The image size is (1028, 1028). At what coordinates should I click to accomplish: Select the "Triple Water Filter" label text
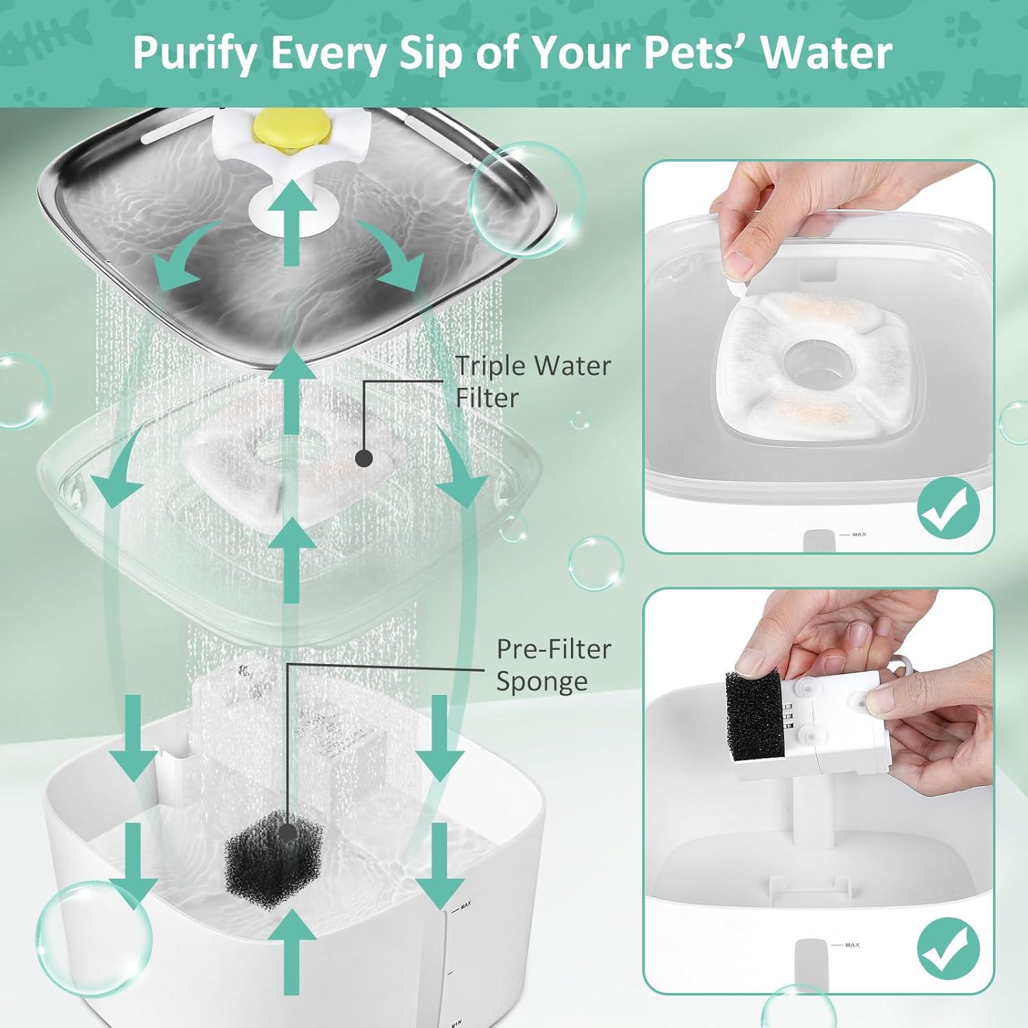(x=533, y=382)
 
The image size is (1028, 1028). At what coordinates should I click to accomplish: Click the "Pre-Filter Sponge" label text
(x=552, y=665)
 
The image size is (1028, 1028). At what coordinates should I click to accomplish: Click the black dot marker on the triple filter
(x=364, y=456)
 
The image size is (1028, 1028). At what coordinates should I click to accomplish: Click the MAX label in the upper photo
(x=859, y=535)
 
